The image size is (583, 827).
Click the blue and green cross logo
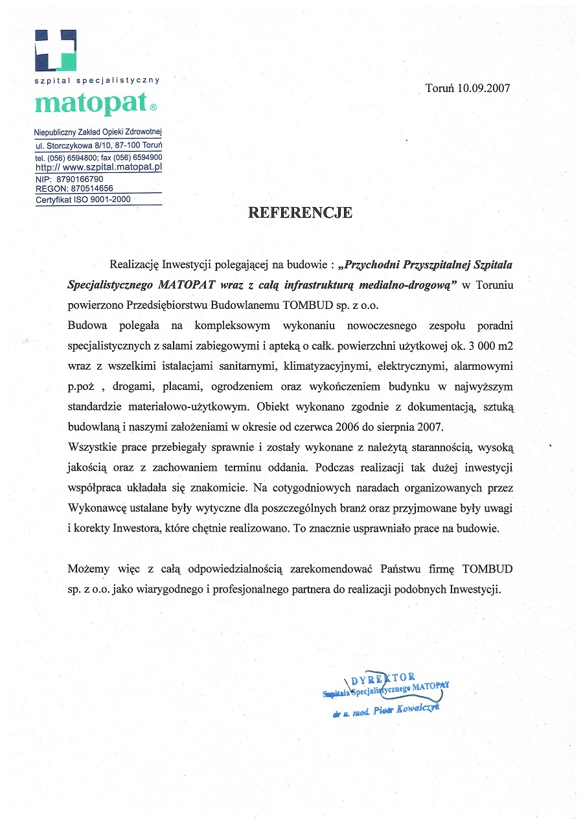point(56,51)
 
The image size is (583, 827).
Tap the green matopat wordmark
point(90,104)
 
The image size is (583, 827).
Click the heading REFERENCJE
point(301,213)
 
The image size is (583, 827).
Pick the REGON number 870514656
point(84,188)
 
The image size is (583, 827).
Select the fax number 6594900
point(146,157)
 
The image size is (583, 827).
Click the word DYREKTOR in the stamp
point(383,679)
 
